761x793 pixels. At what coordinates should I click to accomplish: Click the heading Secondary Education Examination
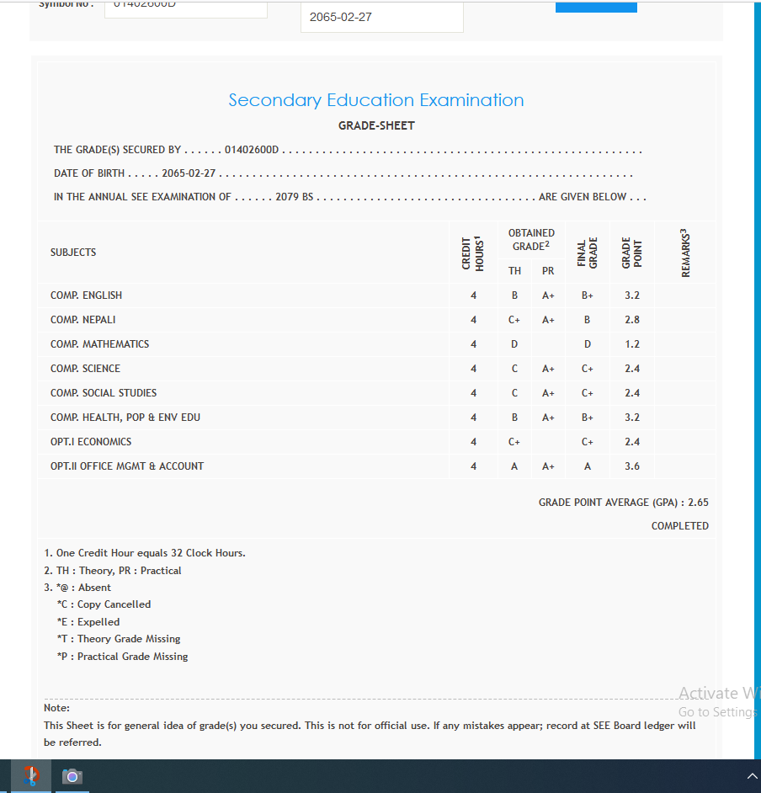(376, 100)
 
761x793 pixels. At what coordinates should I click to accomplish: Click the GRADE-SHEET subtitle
(376, 125)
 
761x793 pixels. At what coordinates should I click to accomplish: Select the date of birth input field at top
(381, 17)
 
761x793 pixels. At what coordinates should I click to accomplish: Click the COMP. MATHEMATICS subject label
(99, 344)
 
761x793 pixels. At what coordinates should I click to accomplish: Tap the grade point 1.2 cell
(631, 344)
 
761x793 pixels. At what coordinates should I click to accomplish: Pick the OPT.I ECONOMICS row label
(91, 442)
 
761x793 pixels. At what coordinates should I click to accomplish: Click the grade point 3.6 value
(631, 466)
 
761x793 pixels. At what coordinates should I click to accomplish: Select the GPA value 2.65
(698, 503)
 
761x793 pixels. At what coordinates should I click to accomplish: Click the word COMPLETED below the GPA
(679, 526)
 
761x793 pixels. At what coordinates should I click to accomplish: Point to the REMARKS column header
(685, 253)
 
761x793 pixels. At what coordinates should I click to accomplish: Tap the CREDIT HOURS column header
(473, 253)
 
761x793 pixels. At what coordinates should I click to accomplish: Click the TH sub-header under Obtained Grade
(514, 271)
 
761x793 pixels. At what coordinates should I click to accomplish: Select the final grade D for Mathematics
(588, 344)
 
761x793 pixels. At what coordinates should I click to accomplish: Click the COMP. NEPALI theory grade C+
(514, 320)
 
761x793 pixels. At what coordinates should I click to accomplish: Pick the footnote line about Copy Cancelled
(104, 604)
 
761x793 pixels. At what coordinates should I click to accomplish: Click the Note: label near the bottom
(56, 708)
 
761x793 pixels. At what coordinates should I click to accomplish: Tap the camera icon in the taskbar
(72, 776)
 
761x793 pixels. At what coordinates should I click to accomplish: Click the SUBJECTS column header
(73, 253)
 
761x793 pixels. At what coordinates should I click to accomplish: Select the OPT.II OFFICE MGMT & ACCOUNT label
(127, 466)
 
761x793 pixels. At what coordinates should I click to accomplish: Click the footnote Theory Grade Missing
(119, 639)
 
